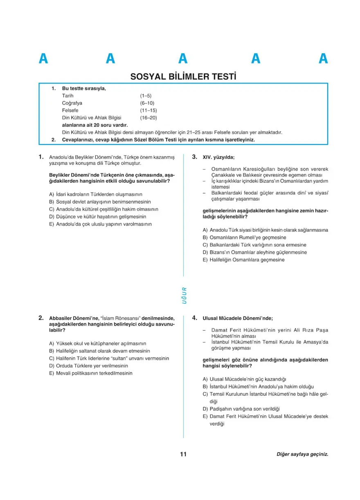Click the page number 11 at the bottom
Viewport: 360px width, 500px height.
click(183, 454)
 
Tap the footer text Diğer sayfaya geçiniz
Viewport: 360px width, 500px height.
click(302, 454)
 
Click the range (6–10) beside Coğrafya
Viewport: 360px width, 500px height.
click(147, 103)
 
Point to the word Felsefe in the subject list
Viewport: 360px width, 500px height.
click(70, 110)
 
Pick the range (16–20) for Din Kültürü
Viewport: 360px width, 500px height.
click(148, 118)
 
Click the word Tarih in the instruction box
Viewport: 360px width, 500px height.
click(67, 96)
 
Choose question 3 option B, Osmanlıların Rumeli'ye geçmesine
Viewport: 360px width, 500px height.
click(244, 238)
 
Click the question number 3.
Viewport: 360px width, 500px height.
click(195, 157)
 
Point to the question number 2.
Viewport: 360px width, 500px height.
click(41, 318)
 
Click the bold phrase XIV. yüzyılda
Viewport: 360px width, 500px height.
click(218, 157)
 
